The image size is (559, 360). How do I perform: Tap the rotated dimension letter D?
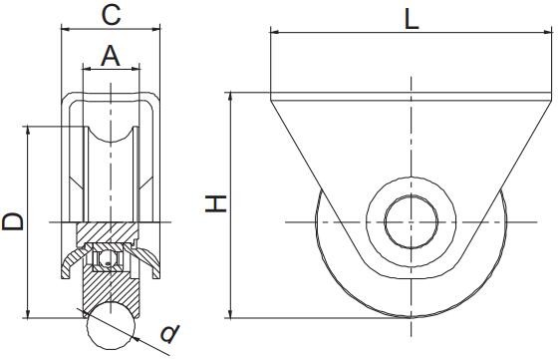[x=13, y=221]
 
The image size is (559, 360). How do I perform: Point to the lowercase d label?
[x=170, y=332]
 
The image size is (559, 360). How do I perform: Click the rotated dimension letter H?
[x=216, y=203]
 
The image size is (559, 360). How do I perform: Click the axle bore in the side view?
[x=411, y=219]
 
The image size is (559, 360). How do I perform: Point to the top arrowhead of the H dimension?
[x=231, y=98]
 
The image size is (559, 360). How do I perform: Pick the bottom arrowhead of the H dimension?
[x=231, y=314]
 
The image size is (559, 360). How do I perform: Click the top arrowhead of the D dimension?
[x=27, y=131]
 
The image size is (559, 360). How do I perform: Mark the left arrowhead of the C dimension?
[x=66, y=30]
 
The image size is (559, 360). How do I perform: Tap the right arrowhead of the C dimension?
[x=157, y=30]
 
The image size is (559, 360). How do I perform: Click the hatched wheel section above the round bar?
[x=111, y=289]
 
